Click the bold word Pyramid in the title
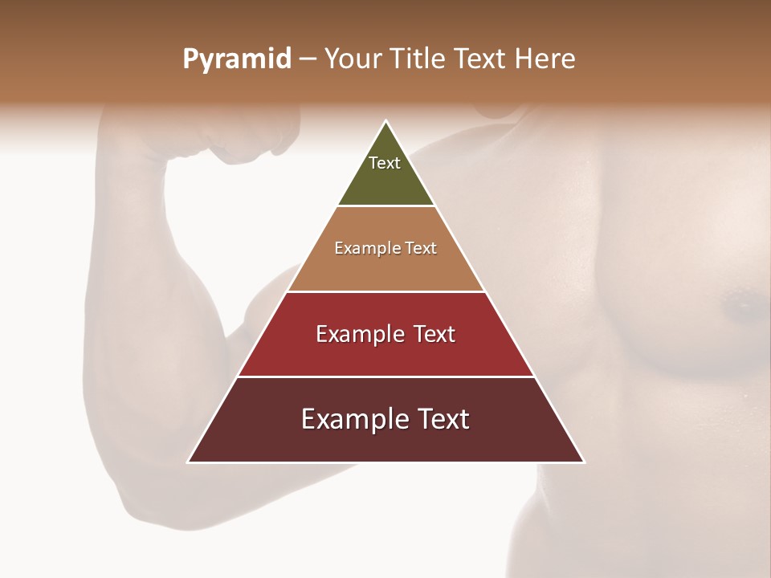(236, 59)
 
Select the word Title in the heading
(420, 59)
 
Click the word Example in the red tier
(360, 334)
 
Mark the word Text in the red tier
(434, 334)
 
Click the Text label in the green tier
(385, 163)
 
